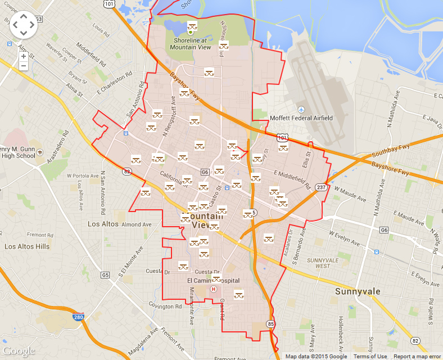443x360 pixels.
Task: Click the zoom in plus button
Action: click(x=23, y=56)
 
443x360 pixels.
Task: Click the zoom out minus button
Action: click(x=23, y=66)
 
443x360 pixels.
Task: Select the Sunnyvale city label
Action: click(x=358, y=291)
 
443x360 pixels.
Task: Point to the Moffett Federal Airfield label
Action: click(x=301, y=118)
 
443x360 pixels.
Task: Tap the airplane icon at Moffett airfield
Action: click(x=301, y=109)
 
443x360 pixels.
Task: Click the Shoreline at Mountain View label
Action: click(x=191, y=44)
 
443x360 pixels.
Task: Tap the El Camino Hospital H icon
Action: click(x=213, y=289)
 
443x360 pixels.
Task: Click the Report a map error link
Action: click(x=417, y=356)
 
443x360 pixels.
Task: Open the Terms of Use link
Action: click(x=370, y=356)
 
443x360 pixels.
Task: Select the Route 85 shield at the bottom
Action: click(x=272, y=324)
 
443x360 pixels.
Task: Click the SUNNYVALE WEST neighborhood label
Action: click(x=318, y=263)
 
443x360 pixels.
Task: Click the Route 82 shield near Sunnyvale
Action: click(x=415, y=341)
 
